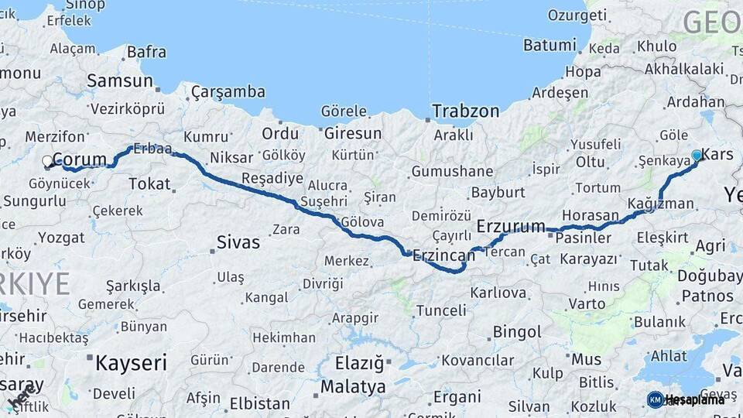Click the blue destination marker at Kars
click(697, 156)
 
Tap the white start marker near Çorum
click(48, 162)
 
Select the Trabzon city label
click(465, 111)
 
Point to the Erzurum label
click(512, 227)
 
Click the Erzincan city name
click(443, 255)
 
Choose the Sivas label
click(238, 242)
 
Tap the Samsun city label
click(119, 81)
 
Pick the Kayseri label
click(131, 361)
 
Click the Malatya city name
click(353, 385)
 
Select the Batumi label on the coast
click(550, 45)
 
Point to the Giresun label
click(353, 133)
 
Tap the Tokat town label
click(149, 183)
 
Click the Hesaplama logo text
click(695, 399)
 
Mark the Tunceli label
click(441, 310)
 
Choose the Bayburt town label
click(498, 192)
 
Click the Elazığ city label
click(359, 362)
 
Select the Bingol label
click(517, 332)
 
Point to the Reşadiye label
click(272, 179)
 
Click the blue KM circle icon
click(655, 399)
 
